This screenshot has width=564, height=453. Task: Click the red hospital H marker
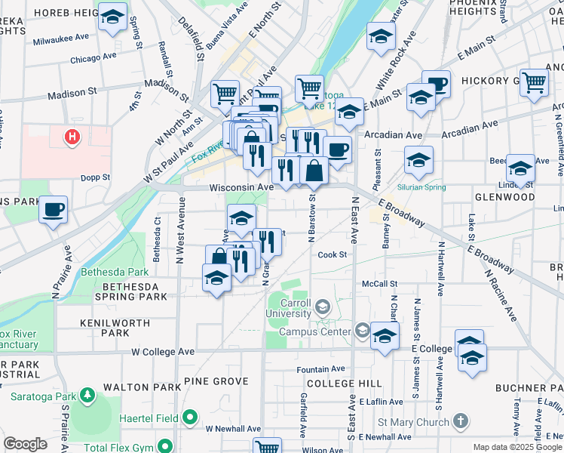pyautogui.click(x=72, y=137)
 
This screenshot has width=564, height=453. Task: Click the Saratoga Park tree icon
pyautogui.click(x=87, y=395)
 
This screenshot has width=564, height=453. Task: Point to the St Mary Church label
pyautogui.click(x=413, y=423)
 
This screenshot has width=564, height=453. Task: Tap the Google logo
pyautogui.click(x=26, y=444)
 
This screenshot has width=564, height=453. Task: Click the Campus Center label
pyautogui.click(x=315, y=331)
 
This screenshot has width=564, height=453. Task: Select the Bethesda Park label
pyautogui.click(x=117, y=271)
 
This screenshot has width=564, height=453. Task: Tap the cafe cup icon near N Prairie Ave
pyautogui.click(x=53, y=209)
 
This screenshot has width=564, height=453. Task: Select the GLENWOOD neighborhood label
pyautogui.click(x=504, y=197)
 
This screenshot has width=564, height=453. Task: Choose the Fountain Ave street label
pyautogui.click(x=321, y=369)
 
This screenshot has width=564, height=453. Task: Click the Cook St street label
pyautogui.click(x=332, y=254)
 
